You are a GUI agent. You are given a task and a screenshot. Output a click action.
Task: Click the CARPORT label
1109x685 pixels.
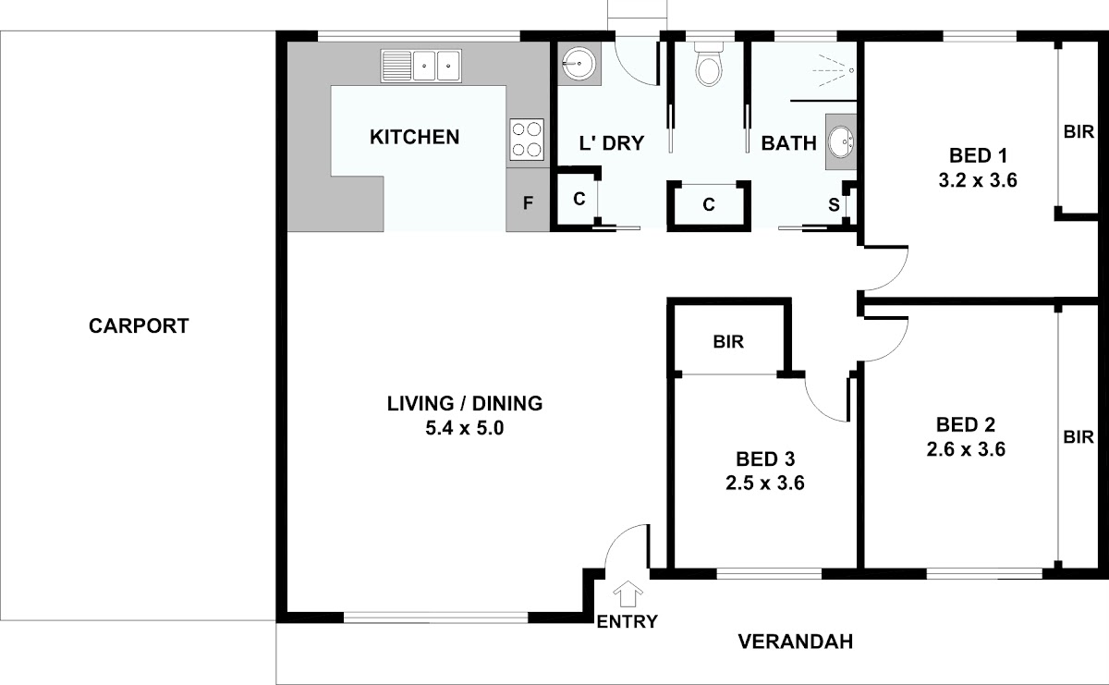(139, 326)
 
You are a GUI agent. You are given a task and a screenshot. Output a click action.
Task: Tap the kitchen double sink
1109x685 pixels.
(420, 66)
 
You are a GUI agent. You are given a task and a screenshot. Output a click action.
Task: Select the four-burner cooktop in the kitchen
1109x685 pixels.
(527, 140)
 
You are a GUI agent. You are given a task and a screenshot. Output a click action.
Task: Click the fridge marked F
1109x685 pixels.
(528, 203)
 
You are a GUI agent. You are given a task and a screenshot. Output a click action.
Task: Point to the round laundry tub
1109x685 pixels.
(579, 64)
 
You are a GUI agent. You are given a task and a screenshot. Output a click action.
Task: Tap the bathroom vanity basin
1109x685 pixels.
(841, 142)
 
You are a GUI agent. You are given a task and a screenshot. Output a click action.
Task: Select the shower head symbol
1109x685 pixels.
(835, 70)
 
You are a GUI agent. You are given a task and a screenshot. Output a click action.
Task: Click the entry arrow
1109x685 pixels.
(628, 593)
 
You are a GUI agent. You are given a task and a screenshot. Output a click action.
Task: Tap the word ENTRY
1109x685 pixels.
(628, 621)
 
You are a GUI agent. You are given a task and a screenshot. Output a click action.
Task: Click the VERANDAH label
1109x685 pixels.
(796, 642)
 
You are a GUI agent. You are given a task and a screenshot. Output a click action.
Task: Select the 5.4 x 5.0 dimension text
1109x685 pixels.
(464, 428)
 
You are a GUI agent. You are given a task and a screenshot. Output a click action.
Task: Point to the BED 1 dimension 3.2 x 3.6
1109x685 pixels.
(978, 180)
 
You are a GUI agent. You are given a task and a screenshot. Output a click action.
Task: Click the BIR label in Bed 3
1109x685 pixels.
(728, 342)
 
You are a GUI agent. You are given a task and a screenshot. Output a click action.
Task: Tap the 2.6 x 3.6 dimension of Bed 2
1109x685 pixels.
(966, 449)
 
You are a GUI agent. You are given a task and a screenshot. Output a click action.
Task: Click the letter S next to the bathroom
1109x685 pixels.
(834, 204)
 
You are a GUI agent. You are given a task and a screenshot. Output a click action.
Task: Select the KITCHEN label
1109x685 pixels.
(414, 137)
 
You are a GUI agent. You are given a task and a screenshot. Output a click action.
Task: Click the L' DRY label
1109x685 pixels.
(612, 143)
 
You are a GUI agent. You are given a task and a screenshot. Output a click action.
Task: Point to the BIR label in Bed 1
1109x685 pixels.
(1079, 132)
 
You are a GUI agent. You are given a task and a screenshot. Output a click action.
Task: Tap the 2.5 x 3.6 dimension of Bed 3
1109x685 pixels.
(765, 483)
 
